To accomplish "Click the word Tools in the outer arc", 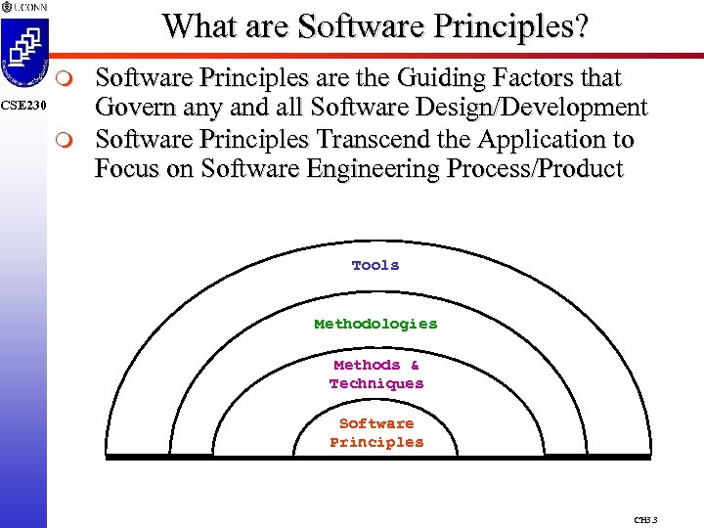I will (x=375, y=265).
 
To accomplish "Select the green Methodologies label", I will (x=375, y=324).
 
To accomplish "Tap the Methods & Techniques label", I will (x=376, y=374).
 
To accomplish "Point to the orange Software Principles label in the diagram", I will (x=376, y=432).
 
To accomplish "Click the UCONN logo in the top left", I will (x=22, y=7).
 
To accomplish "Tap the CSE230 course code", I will (x=22, y=105).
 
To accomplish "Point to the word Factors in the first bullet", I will (x=514, y=77).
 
